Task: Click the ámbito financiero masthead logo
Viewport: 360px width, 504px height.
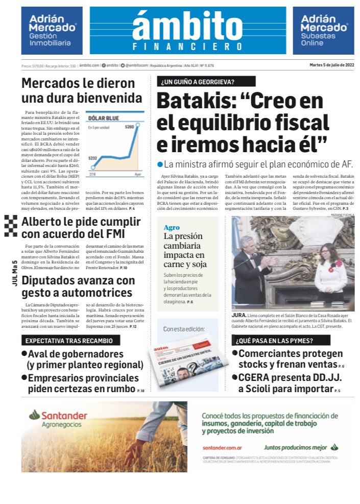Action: (x=187, y=31)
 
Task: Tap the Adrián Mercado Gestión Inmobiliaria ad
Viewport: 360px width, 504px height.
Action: (x=52, y=31)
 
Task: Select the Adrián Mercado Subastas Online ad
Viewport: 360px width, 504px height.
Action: (x=323, y=31)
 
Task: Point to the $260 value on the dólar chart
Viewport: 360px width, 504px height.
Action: (x=129, y=126)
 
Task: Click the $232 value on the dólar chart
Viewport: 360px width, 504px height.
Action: (x=92, y=159)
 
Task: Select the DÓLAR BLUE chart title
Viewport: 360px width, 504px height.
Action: (x=104, y=118)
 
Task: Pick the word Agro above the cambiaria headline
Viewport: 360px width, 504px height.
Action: (x=172, y=227)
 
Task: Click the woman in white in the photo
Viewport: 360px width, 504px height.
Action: (x=330, y=276)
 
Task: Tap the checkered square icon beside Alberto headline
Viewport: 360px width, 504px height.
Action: (x=11, y=226)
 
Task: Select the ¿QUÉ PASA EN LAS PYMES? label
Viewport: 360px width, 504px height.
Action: (x=274, y=340)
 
